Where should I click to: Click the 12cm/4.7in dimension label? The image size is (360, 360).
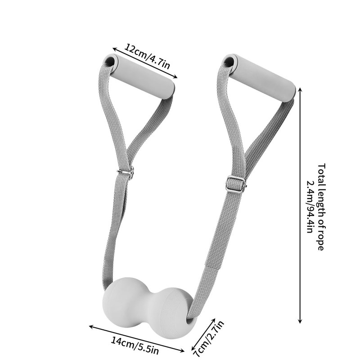pyautogui.click(x=147, y=56)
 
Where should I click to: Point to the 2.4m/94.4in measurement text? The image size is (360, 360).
pyautogui.click(x=310, y=207)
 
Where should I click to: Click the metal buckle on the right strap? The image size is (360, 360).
pyautogui.click(x=236, y=184)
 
